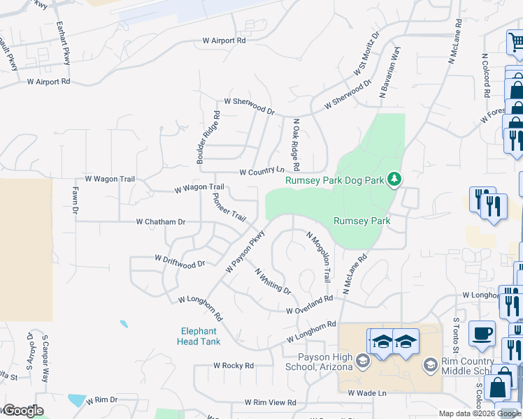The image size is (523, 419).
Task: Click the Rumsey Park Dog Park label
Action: (335, 180)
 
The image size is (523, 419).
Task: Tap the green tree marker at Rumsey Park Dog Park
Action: (395, 179)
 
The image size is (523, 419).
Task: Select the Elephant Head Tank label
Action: (199, 337)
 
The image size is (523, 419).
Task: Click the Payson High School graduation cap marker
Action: (363, 360)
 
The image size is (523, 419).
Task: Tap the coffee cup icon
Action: (481, 334)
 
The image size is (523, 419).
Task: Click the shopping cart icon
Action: (517, 42)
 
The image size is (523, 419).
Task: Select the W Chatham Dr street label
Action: (161, 222)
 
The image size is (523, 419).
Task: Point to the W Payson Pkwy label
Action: (245, 251)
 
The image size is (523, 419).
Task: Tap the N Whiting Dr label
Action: (273, 281)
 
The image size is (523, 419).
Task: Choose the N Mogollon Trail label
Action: (318, 256)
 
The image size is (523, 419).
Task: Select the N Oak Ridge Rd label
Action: (296, 145)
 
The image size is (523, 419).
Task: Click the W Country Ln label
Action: (261, 171)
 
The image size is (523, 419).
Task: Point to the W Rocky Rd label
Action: (234, 365)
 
